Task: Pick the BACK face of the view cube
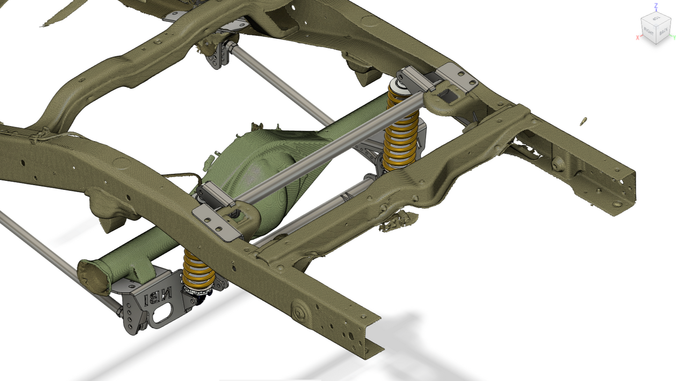click(x=664, y=32)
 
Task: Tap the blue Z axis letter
click(x=656, y=5)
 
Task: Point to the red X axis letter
click(x=637, y=37)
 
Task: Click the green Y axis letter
click(x=674, y=37)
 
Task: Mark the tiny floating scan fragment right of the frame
click(x=584, y=122)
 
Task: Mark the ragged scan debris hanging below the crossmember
click(x=398, y=221)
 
